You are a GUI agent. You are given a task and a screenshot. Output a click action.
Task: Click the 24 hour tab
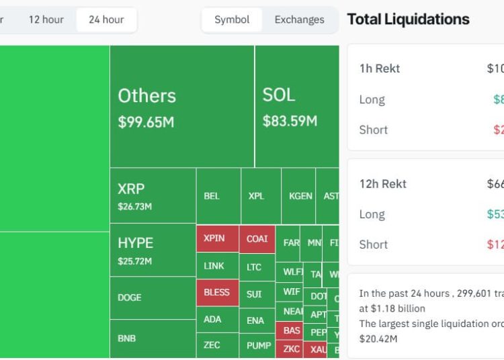(106, 19)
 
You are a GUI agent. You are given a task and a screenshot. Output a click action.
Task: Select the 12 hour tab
(46, 19)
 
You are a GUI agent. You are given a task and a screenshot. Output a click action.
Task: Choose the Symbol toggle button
(232, 19)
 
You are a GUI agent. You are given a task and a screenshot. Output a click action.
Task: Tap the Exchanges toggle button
(299, 19)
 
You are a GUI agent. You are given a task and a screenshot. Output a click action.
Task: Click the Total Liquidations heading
(408, 19)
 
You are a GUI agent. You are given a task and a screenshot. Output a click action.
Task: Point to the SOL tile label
(279, 95)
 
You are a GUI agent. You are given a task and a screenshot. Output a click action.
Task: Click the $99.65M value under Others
(146, 122)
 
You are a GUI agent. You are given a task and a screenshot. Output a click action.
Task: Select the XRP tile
(153, 195)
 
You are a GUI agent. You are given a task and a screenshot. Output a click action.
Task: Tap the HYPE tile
(153, 250)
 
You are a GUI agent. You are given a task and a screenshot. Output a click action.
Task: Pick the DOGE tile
(153, 298)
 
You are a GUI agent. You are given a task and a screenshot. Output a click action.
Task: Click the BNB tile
(153, 339)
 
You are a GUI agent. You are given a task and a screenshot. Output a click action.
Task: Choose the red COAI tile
(257, 238)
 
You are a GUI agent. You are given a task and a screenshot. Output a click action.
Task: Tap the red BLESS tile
(217, 293)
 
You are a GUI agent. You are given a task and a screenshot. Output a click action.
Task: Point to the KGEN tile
(300, 196)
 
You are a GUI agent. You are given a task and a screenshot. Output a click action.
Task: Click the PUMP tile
(259, 345)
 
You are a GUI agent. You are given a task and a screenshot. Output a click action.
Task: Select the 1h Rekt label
(380, 69)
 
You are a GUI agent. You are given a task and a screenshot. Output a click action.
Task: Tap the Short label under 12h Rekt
(373, 244)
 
